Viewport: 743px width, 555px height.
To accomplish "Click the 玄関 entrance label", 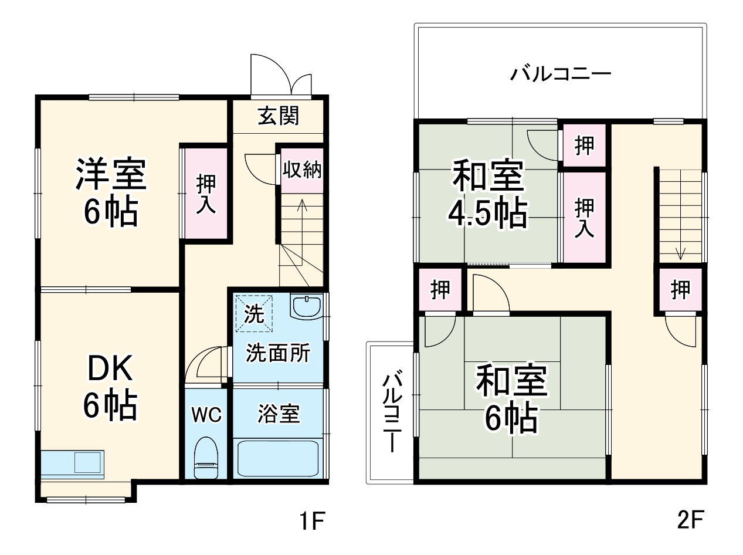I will [x=278, y=116].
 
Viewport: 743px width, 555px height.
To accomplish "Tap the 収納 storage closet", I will [x=301, y=170].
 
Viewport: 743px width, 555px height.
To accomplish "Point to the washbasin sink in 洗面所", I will [x=306, y=306].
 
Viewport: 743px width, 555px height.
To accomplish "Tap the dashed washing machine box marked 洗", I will [x=254, y=313].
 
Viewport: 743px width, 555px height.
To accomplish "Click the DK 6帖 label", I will [x=110, y=386].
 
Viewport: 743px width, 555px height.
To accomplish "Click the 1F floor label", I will [x=311, y=520].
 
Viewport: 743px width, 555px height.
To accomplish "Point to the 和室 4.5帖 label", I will [x=487, y=195].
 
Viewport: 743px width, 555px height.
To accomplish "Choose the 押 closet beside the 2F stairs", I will [x=680, y=290].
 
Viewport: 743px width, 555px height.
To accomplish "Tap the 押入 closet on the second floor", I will [x=584, y=217].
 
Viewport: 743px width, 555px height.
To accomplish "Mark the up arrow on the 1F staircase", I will [x=301, y=207].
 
